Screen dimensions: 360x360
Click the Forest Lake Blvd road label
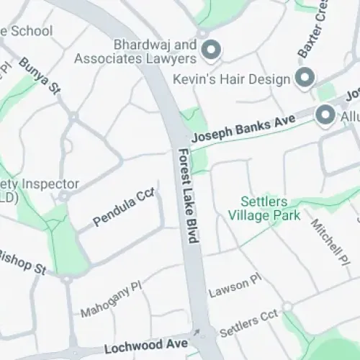[189, 196]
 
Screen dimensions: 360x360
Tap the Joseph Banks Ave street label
[233, 130]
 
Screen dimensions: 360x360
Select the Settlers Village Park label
[258, 207]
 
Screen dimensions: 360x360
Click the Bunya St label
[40, 76]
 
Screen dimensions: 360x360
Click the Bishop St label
[22, 261]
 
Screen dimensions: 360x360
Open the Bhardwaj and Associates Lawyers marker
[212, 50]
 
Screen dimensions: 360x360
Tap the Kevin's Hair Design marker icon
[305, 77]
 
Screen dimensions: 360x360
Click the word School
[29, 31]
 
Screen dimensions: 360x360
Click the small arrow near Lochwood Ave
[196, 333]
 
